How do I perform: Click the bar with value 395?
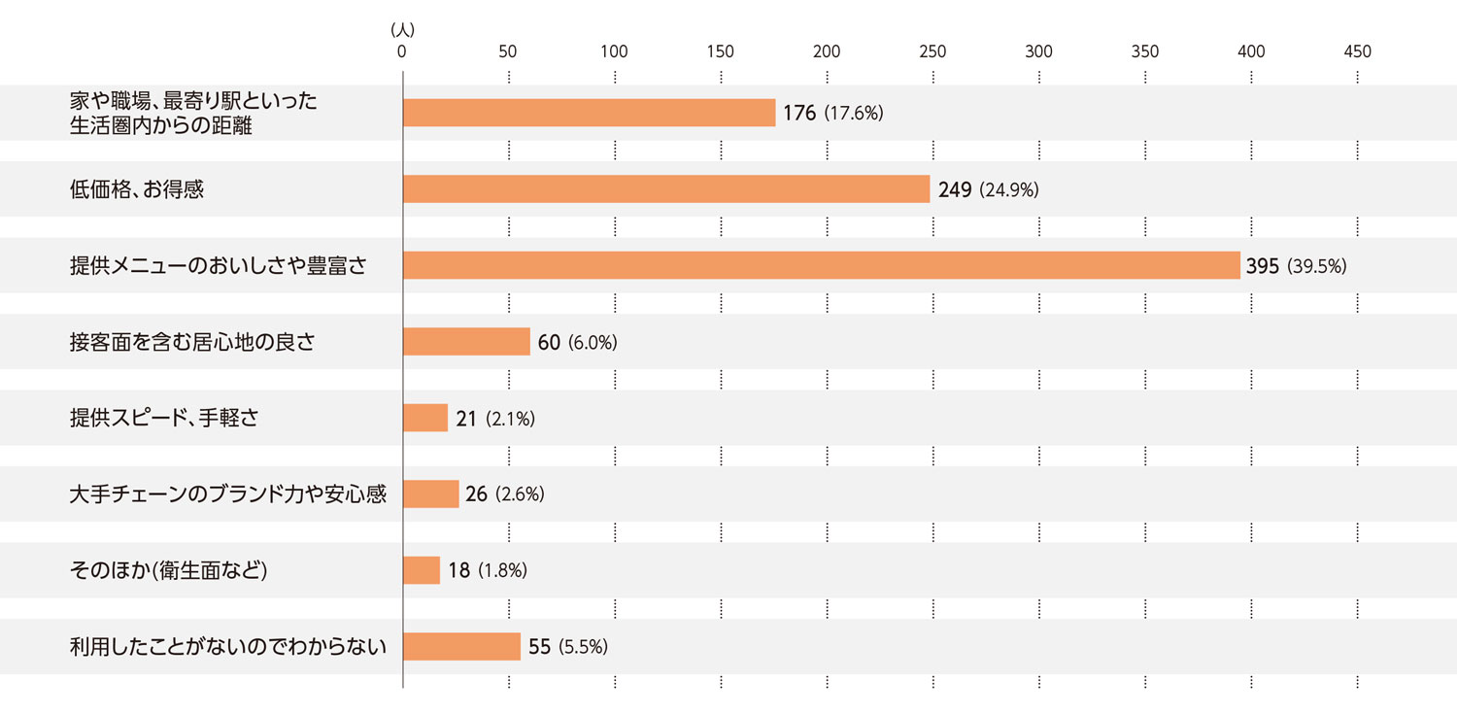coord(821,265)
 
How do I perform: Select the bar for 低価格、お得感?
coord(666,188)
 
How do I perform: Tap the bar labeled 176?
coord(589,113)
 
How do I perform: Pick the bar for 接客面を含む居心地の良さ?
coord(466,341)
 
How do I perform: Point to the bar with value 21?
coord(425,418)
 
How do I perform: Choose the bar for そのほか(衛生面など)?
coord(422,570)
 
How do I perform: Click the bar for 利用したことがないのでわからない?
coord(461,646)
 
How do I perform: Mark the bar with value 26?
coord(430,493)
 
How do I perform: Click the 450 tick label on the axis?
coord(1357,51)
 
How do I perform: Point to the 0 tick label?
coord(402,51)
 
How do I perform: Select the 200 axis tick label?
coord(827,51)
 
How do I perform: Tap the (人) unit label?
coord(402,31)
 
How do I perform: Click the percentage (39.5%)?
coord(1316,266)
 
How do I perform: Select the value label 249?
coord(955,189)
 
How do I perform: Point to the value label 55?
coord(539,646)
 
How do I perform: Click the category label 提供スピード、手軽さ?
coord(163,418)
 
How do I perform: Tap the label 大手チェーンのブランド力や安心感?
coord(228,493)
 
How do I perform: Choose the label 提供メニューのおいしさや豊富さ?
coord(218,265)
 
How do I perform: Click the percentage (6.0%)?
coord(593,342)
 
